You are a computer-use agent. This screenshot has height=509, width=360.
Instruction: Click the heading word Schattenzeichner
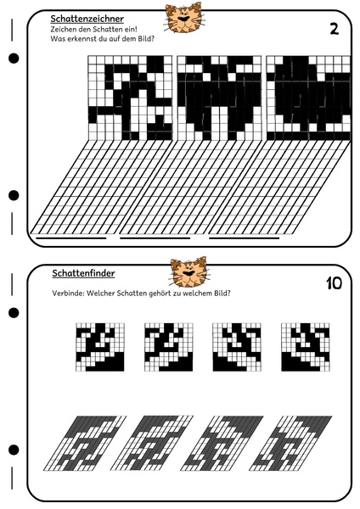tap(87, 18)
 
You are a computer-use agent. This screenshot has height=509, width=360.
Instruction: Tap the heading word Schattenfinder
tap(83, 273)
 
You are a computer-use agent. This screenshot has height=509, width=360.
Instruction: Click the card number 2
tap(334, 30)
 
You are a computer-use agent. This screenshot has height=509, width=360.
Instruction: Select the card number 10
tap(333, 283)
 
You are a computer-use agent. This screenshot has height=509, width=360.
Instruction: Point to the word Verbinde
tap(67, 294)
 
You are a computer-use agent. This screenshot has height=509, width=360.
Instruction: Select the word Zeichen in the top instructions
tap(65, 30)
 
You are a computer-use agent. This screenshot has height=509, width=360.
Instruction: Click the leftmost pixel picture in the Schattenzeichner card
tap(129, 98)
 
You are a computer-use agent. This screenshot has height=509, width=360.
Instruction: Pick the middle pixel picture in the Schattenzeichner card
tap(219, 98)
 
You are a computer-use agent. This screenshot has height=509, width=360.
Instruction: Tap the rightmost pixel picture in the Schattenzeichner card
tap(307, 98)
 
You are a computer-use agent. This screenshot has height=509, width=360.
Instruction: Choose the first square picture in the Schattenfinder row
tap(100, 348)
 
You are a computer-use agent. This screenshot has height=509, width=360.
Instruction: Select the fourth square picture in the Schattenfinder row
tap(305, 348)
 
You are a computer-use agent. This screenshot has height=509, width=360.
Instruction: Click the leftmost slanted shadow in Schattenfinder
tap(86, 443)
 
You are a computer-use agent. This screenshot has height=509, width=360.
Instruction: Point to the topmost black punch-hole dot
tap(14, 59)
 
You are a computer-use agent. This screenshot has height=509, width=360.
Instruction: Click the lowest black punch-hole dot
tap(14, 450)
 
